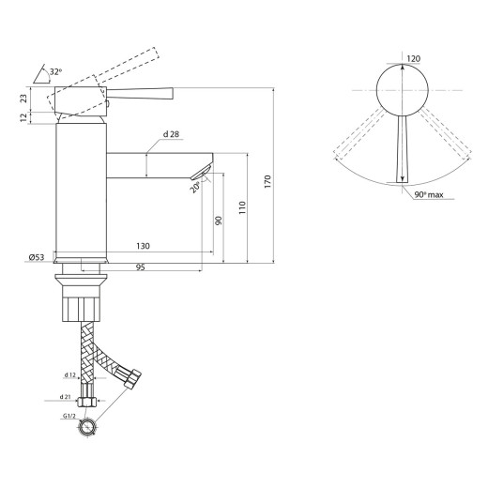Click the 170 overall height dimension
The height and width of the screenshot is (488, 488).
[267, 181]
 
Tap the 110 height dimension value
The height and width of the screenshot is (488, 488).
[242, 207]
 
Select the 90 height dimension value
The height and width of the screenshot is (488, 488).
[219, 221]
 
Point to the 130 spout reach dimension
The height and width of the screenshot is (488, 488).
[143, 246]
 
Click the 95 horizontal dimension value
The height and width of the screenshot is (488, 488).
[141, 267]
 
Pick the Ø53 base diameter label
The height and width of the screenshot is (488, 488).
[37, 257]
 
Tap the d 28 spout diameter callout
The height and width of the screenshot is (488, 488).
[171, 134]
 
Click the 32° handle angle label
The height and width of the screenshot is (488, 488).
[55, 71]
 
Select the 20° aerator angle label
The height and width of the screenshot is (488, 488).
[195, 187]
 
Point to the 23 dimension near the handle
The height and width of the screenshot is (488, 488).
[23, 99]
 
